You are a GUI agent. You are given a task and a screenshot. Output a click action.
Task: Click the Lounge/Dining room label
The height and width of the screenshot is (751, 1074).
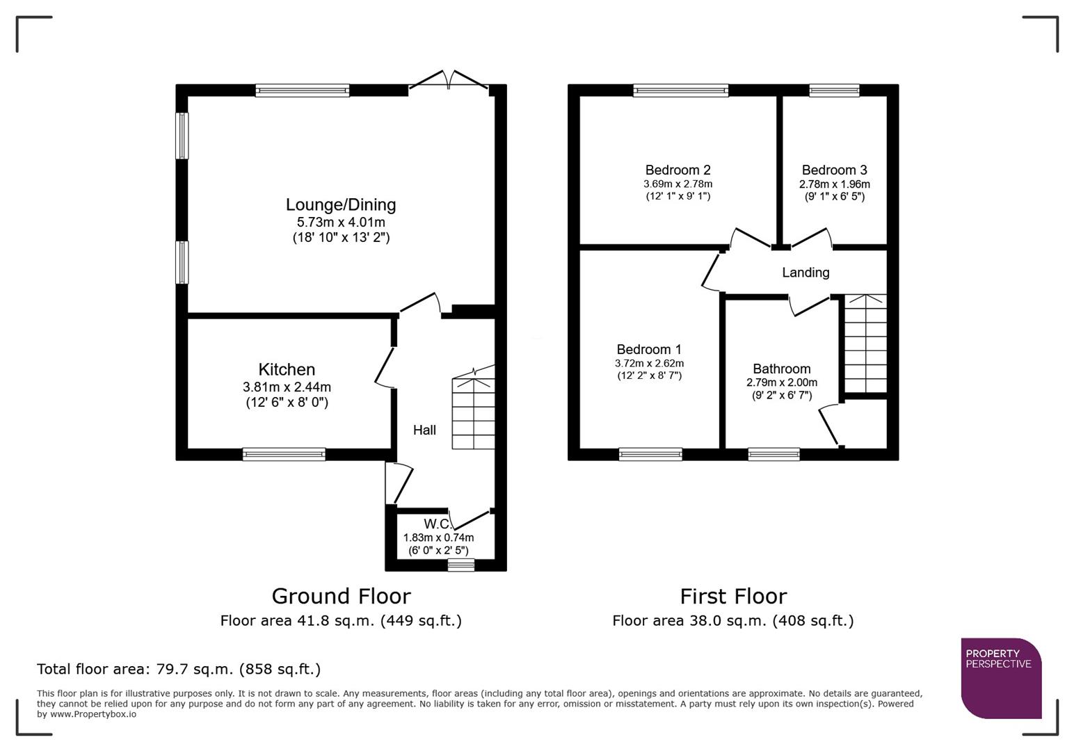[341, 204]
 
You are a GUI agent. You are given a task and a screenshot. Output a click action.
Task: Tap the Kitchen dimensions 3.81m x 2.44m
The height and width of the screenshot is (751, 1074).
[287, 387]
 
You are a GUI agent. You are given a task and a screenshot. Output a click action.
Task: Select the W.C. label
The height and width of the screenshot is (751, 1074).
[437, 524]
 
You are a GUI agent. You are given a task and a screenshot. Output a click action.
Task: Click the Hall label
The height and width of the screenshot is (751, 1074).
[424, 430]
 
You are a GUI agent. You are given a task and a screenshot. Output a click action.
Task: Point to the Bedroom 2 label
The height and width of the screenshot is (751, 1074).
[678, 170]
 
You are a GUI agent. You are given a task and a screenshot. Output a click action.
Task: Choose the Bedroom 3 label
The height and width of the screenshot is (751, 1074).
[834, 170]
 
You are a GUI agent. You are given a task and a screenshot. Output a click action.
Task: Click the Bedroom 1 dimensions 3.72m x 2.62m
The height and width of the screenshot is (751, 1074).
[649, 363]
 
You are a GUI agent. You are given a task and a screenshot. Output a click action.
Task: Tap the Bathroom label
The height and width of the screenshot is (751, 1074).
[781, 369]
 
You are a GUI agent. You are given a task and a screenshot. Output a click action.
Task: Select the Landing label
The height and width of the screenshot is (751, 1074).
[805, 273]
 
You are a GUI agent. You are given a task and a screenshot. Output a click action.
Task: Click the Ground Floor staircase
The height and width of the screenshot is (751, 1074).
[474, 414]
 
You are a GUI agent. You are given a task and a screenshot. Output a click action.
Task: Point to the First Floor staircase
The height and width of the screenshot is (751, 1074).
[865, 344]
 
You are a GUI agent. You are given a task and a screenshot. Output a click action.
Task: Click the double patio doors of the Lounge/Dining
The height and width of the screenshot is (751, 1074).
[449, 81]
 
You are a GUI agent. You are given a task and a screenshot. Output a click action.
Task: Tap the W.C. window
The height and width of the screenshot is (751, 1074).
[460, 565]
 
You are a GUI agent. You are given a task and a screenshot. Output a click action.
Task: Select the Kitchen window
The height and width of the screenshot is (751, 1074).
[284, 455]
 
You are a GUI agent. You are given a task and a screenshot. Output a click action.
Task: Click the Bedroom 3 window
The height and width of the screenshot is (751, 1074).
[834, 90]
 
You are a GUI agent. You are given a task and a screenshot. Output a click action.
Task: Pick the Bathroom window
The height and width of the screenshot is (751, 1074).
[774, 455]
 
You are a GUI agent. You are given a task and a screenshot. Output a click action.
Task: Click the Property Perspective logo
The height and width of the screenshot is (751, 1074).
[1001, 678]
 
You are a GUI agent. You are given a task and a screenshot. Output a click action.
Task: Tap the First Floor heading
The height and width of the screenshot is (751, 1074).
[732, 596]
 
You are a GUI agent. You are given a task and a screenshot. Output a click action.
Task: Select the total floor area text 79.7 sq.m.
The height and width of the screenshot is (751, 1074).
[179, 669]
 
